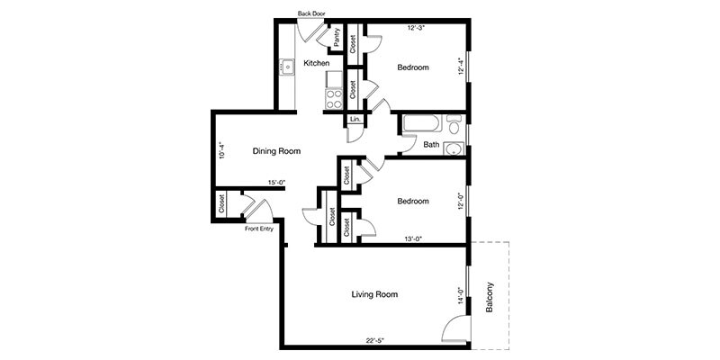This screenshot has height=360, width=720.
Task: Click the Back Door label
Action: coord(311,13)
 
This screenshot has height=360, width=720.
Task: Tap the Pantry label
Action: coord(337,37)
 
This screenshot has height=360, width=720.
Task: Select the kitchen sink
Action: coord(288,67)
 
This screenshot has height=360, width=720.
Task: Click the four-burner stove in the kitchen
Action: coord(334,99)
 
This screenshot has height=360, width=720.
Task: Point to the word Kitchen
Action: coord(317,63)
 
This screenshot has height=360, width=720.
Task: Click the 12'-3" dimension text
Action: coord(417,28)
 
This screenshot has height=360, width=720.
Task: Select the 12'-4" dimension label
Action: coord(461,65)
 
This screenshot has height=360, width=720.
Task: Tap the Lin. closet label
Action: coord(355,120)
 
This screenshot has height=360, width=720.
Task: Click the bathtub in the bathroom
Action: coord(421,124)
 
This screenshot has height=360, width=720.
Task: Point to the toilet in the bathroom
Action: coord(454,124)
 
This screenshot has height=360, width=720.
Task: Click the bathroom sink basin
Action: coord(454,149)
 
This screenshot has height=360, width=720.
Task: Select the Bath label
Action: coord(431,145)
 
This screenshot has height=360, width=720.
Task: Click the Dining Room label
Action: coord(277,151)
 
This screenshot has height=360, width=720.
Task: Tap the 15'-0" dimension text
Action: coord(275,183)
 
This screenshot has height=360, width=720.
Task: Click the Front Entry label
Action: coord(259,229)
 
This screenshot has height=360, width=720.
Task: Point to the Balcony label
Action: coord(490,297)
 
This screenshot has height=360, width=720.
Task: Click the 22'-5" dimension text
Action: coord(376,340)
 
